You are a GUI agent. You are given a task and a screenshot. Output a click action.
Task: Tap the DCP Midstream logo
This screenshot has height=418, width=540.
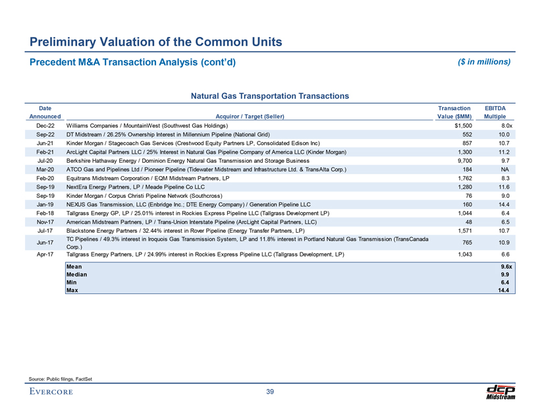500,392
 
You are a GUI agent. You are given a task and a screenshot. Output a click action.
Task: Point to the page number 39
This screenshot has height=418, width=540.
270,393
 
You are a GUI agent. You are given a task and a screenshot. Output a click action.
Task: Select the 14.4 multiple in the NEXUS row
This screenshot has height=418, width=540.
504,204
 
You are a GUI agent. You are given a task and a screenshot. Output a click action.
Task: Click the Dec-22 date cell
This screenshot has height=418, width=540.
46,125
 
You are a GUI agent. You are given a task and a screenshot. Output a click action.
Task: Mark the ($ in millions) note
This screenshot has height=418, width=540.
484,62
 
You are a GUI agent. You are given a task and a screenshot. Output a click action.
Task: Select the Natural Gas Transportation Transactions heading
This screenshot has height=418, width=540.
270,96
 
